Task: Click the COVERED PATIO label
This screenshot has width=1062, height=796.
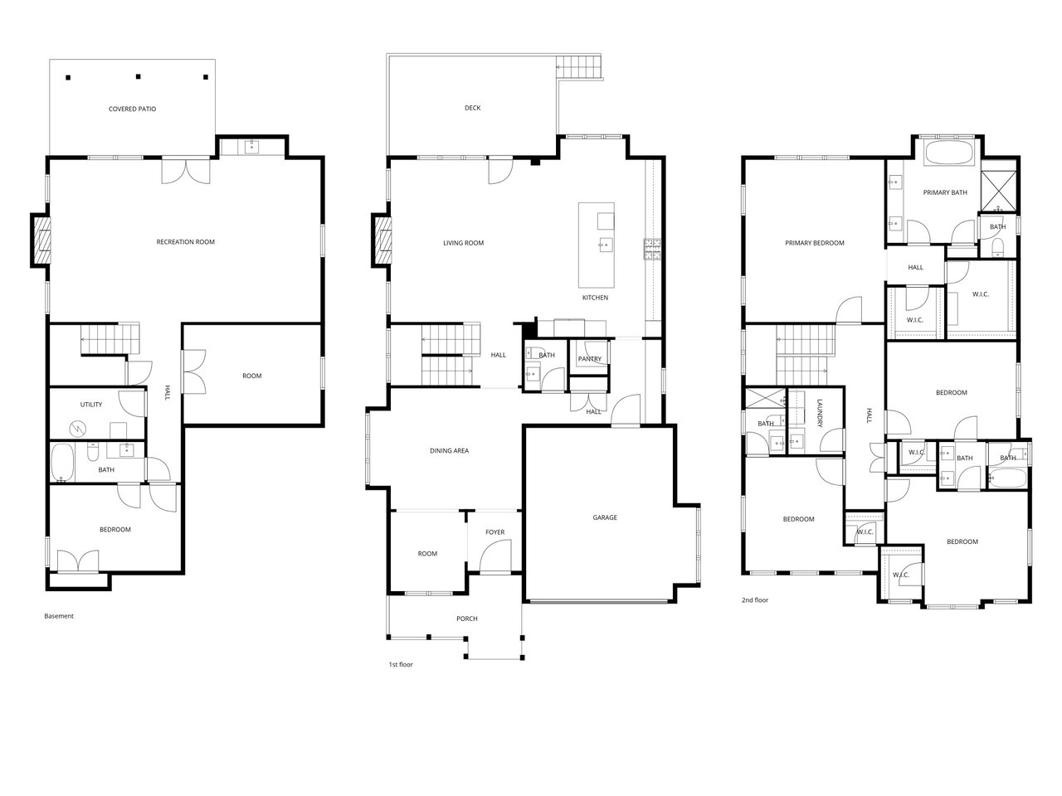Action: pos(132,109)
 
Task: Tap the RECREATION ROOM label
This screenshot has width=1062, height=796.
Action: pos(185,242)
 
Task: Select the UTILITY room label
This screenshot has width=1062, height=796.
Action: pos(91,405)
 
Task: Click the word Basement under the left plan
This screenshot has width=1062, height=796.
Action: pos(59,616)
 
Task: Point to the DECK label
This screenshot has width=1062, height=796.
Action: pos(472,109)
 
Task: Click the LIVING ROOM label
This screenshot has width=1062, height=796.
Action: pos(463,243)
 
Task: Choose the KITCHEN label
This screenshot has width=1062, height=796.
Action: pos(595,298)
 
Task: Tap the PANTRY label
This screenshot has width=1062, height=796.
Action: pos(589,359)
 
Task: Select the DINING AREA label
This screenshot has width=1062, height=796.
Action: pos(449,451)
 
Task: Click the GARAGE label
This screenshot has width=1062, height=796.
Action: pos(605,517)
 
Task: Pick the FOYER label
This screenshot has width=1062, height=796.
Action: pos(495,532)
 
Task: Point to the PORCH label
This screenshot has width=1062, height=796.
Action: pos(467,619)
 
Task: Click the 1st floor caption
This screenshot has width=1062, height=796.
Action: pos(401,664)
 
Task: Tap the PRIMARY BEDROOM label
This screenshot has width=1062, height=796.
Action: pos(814,243)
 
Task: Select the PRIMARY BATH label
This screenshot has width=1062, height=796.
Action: pos(945,192)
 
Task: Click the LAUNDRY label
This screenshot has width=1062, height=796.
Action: pos(819,413)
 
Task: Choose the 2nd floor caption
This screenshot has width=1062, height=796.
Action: pos(755,600)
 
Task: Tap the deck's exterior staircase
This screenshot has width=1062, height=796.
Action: pos(578,67)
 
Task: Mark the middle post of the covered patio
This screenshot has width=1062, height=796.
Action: pos(138,76)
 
